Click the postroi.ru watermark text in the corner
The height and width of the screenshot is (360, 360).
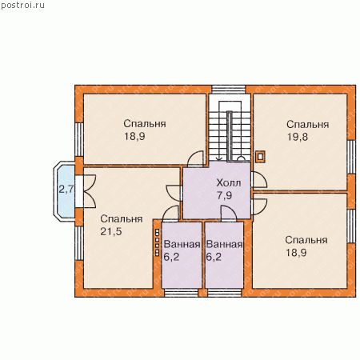[22, 6]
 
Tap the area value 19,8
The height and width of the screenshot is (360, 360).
[298, 137]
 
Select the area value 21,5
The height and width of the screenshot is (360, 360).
[111, 231]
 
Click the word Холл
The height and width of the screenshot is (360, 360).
[229, 183]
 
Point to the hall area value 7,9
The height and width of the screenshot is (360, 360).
[224, 195]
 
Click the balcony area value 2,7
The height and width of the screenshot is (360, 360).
[66, 190]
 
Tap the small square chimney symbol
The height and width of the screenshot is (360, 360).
[260, 157]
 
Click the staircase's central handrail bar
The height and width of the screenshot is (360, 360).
[230, 136]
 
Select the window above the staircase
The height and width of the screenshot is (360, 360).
[229, 90]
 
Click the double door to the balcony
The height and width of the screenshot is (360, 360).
[86, 191]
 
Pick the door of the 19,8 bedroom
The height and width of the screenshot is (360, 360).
[258, 179]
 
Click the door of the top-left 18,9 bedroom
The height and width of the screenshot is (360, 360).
[195, 159]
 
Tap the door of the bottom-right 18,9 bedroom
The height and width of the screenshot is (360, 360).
[258, 206]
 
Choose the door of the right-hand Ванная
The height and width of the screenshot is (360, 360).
[229, 214]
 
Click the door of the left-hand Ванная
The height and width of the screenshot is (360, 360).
[170, 214]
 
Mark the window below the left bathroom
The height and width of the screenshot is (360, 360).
[181, 293]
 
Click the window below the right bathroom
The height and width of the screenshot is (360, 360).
[225, 293]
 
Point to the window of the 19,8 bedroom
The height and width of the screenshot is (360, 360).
[352, 157]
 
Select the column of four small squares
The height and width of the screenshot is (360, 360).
[157, 242]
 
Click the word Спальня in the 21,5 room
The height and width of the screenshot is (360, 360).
[122, 219]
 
